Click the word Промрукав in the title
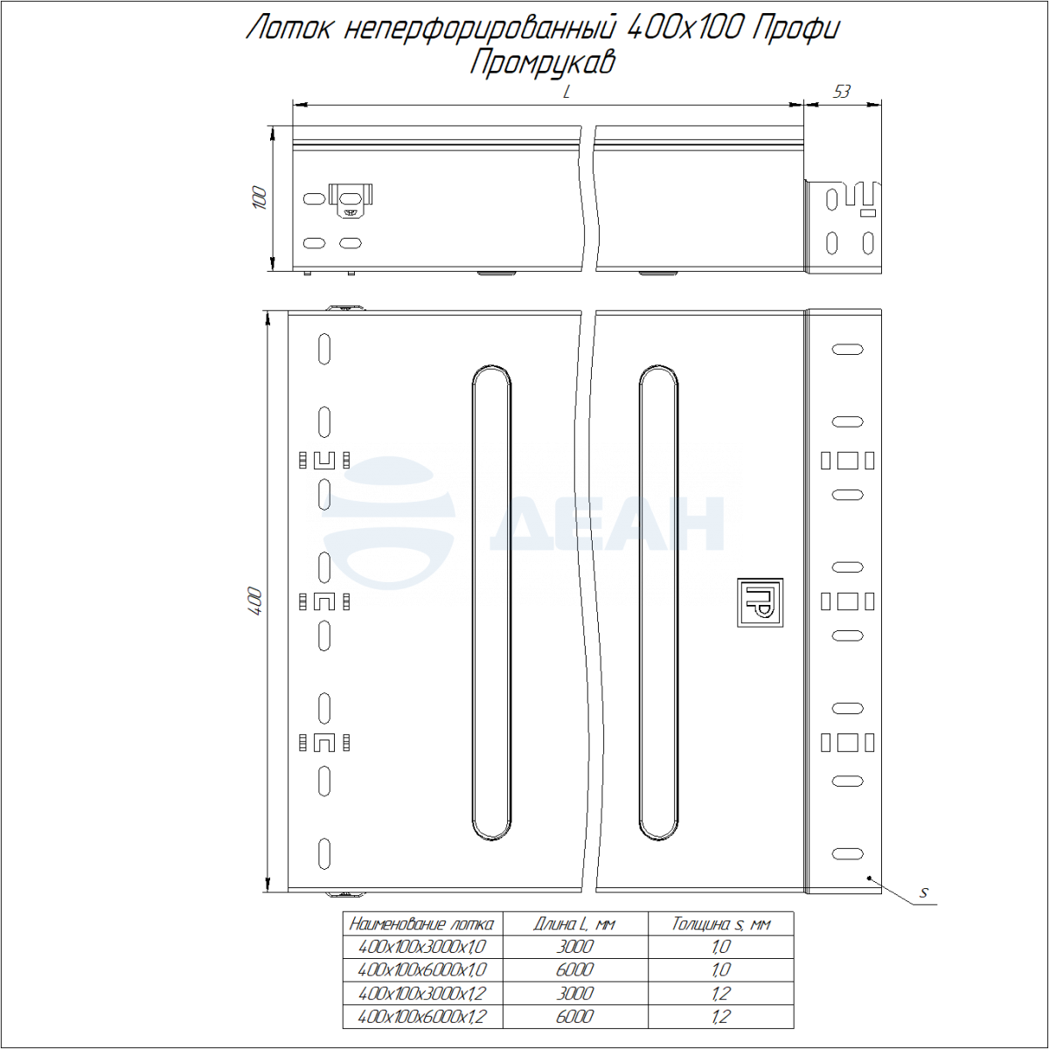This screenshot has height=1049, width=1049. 542,62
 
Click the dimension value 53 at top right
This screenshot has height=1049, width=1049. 842,92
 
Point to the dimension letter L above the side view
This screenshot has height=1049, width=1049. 566,92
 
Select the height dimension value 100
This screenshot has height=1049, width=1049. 261,198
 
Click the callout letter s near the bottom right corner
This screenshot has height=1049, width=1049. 924,893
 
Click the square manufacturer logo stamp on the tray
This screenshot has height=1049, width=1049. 760,602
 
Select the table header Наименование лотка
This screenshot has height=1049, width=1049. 422,924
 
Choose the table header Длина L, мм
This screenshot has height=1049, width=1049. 575,924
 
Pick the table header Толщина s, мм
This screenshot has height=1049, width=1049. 720,924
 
